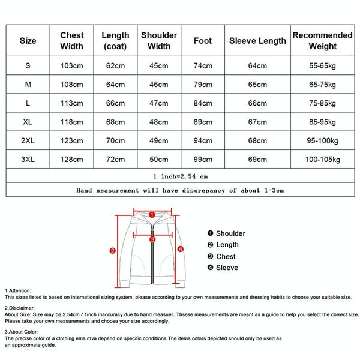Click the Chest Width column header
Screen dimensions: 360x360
point(72,41)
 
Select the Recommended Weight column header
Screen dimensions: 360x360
point(322,41)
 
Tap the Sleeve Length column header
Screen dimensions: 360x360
point(257,41)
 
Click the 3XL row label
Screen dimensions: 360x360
point(28,160)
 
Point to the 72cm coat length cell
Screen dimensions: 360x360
point(115,160)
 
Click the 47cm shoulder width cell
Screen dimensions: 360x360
point(159,103)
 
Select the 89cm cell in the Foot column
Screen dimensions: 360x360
point(203,122)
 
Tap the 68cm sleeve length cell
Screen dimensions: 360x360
point(257,141)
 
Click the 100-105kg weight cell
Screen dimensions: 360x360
point(322,160)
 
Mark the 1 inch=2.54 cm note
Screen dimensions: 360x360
point(180,176)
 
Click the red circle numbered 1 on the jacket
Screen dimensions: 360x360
point(152,214)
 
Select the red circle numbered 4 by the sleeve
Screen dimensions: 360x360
point(181,248)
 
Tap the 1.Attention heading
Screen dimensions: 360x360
point(19,290)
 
